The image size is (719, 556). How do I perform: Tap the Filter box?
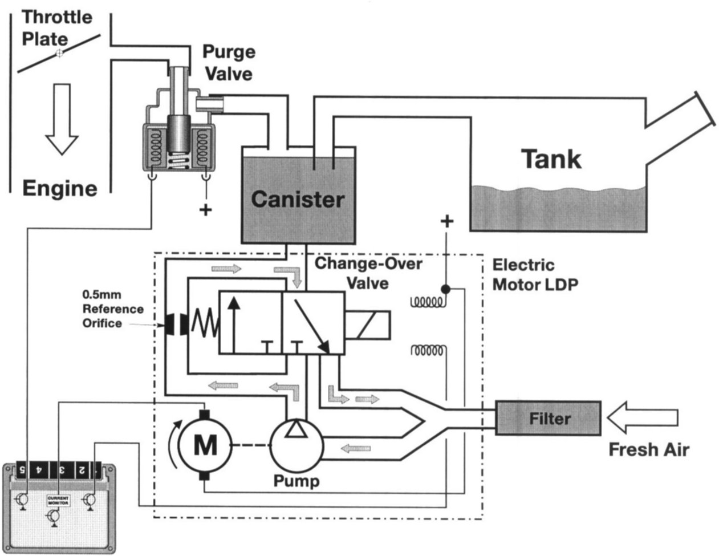pos(547,419)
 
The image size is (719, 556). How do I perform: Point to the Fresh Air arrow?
pos(642,418)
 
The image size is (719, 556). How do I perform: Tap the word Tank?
pos(551,159)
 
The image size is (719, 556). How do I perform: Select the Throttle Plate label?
pos(56,27)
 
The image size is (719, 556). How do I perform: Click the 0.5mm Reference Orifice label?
pos(112,309)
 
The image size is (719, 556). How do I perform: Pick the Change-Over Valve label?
pos(368,273)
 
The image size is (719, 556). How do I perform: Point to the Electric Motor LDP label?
pos(535,274)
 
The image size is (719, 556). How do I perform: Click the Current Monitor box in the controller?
pos(58,501)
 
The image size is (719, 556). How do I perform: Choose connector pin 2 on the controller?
pos(82,470)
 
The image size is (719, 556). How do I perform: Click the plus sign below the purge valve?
pos(205,210)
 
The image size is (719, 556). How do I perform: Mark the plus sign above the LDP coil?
pos(447,221)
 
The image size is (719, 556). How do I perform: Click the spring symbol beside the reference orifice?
pos(204,325)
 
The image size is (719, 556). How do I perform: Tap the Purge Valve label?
pos(229,62)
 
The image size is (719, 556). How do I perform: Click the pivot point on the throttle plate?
pos(59,53)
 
